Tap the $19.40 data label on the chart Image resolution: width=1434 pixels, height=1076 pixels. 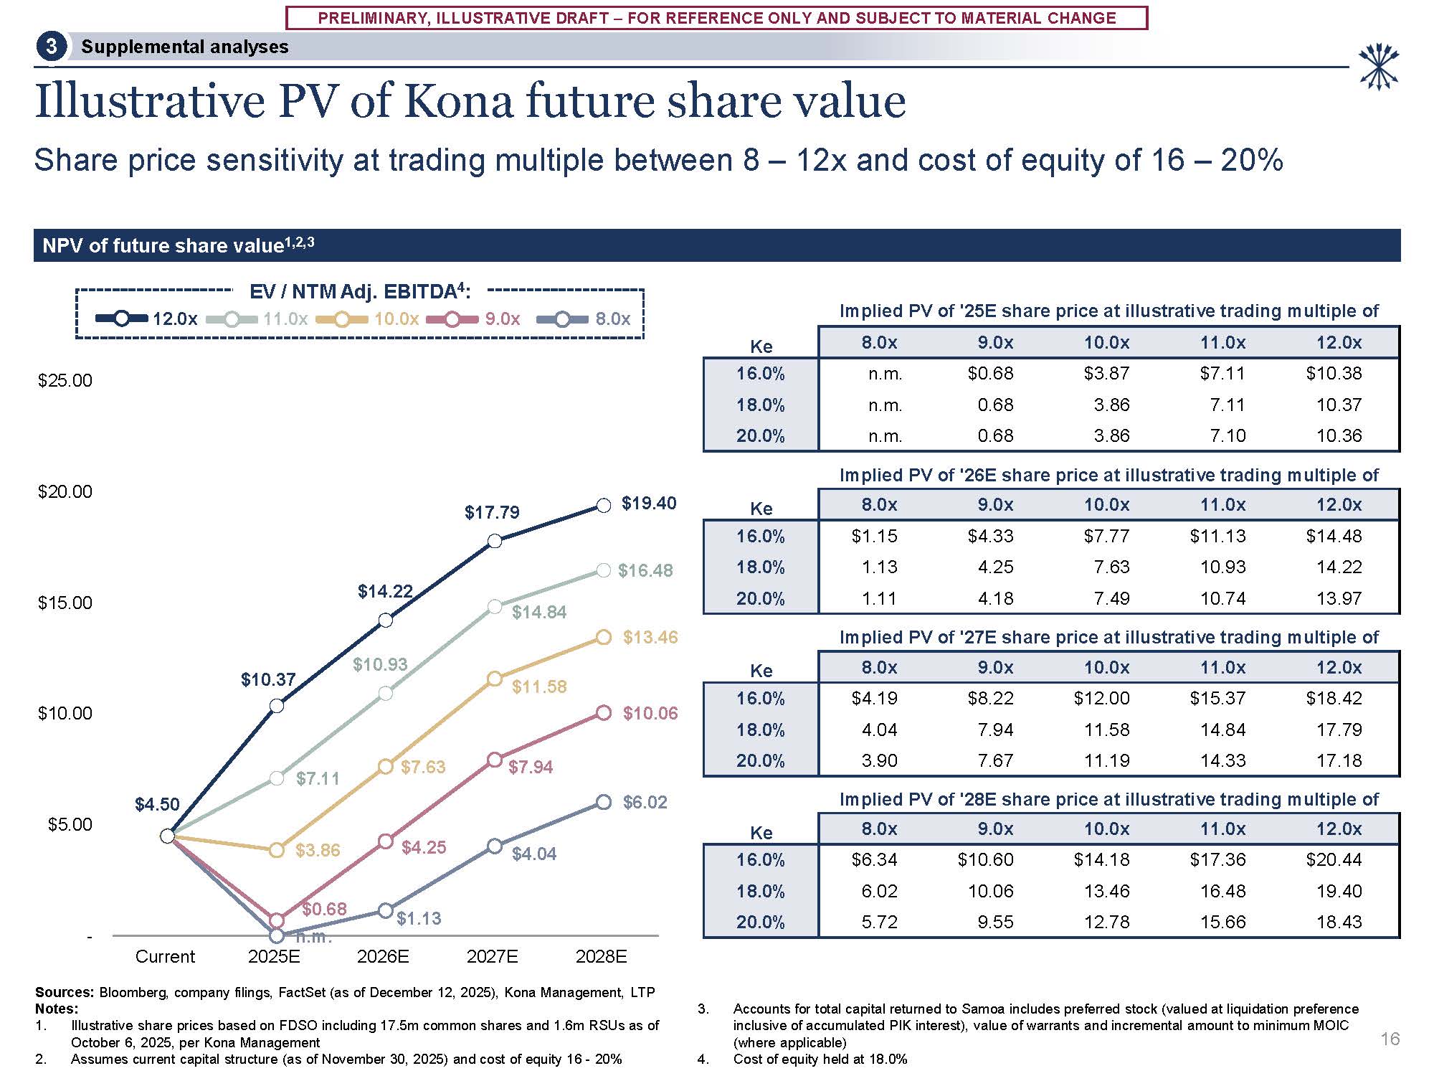coord(648,504)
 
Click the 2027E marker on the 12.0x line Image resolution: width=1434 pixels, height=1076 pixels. coord(495,541)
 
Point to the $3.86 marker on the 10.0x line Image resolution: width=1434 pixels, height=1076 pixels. coord(276,850)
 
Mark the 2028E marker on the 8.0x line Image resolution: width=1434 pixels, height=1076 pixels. coord(604,802)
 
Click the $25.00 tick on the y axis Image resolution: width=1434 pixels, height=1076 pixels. coord(65,381)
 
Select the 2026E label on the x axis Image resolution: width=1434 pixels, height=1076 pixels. coord(383,956)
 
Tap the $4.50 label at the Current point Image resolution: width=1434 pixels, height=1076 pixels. coord(157,805)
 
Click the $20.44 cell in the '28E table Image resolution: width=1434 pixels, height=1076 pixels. coord(1334,859)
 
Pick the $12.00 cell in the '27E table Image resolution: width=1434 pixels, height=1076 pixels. coord(1101,698)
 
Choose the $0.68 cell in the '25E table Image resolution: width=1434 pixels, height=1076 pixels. coord(990,373)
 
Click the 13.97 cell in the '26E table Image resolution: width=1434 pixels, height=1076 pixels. coord(1339,598)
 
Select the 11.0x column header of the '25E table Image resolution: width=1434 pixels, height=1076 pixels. coord(1222,343)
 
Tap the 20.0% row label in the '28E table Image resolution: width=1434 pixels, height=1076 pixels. coord(760,922)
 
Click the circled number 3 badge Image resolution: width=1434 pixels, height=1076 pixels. coord(51,47)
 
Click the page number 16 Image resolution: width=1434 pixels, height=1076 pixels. coord(1390,1039)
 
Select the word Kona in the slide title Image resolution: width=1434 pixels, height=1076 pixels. coord(458,101)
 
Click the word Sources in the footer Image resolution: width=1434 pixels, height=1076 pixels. coord(63,992)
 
